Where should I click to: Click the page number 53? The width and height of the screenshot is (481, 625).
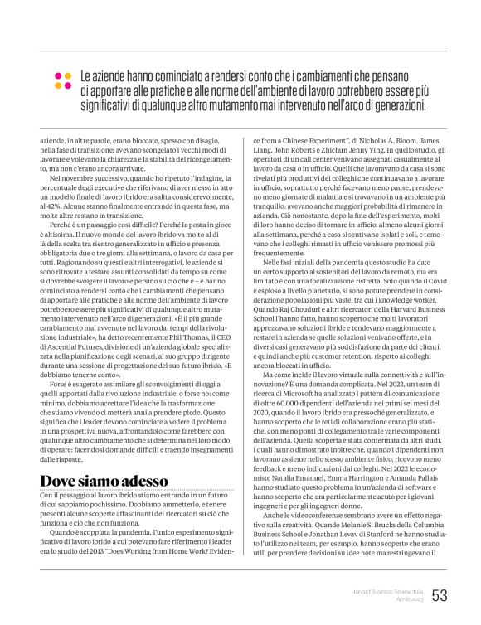pyautogui.click(x=440, y=595)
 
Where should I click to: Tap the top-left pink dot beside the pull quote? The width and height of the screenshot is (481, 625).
pyautogui.click(x=58, y=76)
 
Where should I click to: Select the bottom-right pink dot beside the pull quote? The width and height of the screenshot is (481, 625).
pyautogui.click(x=69, y=86)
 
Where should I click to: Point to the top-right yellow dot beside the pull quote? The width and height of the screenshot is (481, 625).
pyautogui.click(x=69, y=76)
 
